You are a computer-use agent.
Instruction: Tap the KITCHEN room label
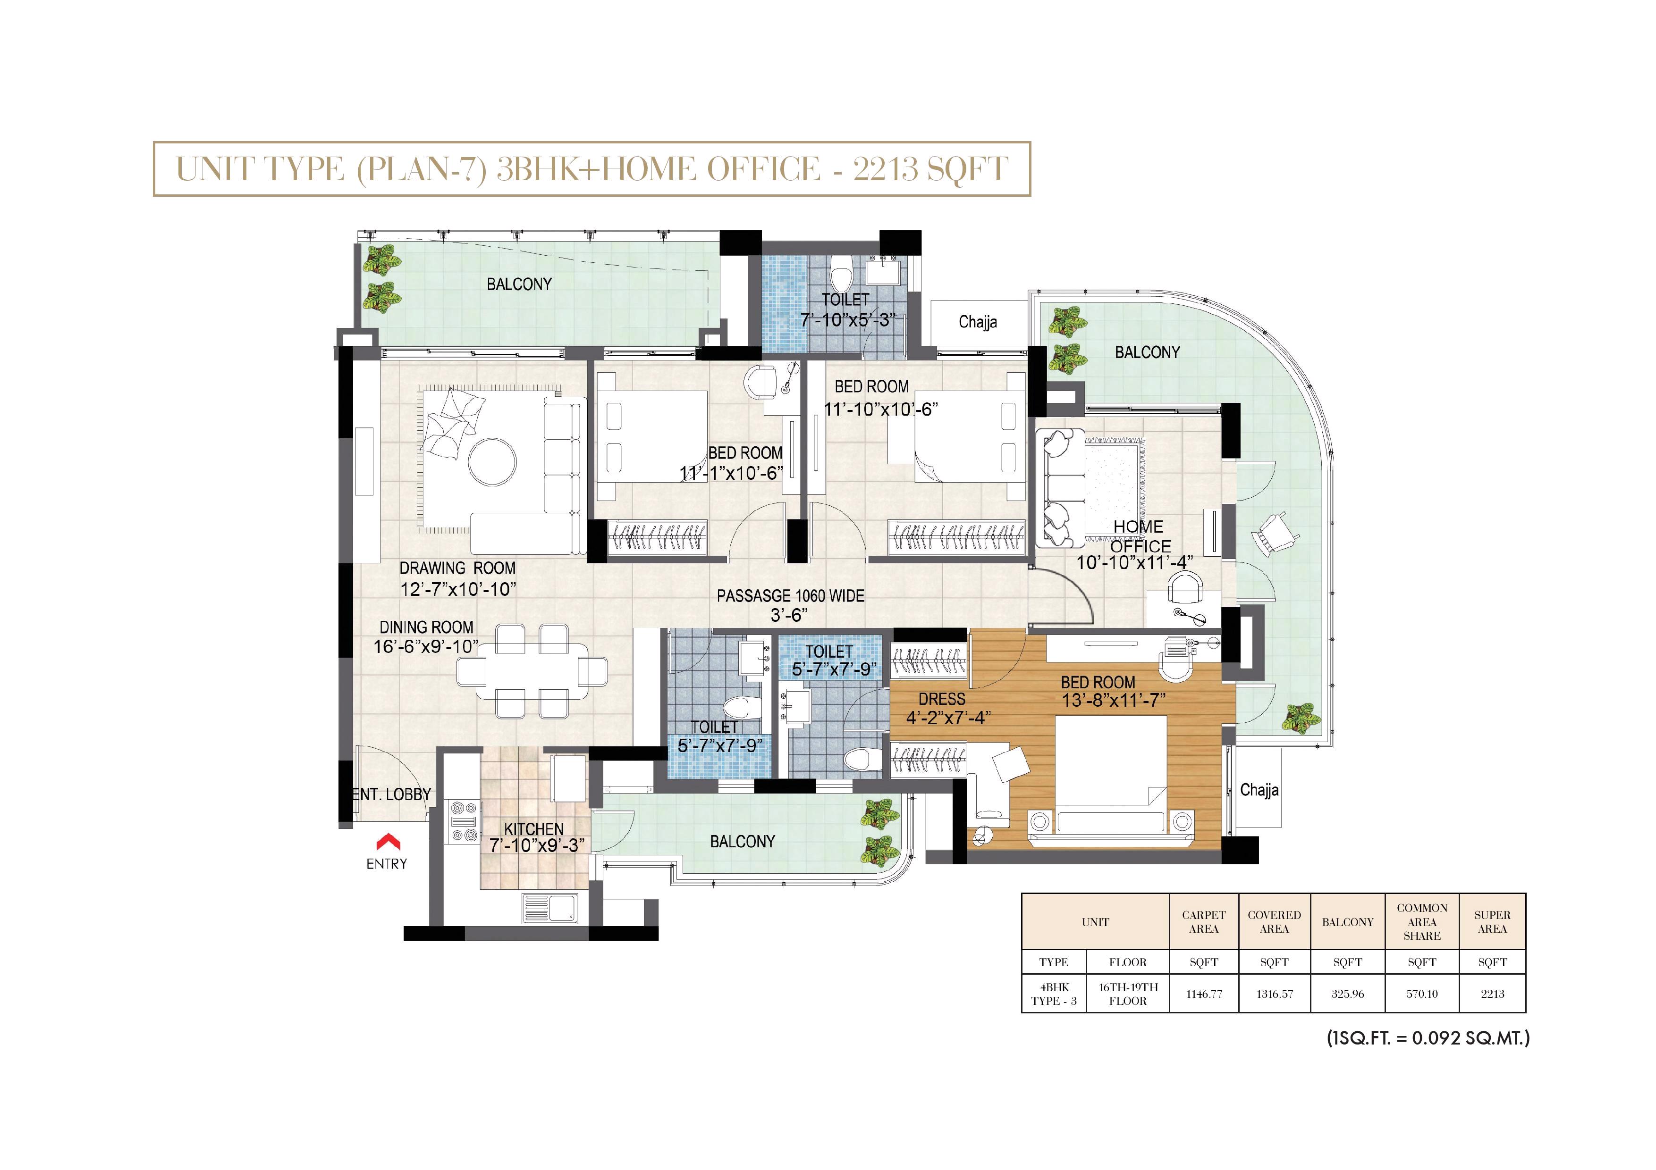click(534, 829)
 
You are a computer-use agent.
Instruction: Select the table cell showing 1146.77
click(1204, 994)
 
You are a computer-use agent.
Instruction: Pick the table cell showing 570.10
click(1421, 994)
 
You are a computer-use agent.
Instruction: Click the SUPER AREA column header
click(1492, 922)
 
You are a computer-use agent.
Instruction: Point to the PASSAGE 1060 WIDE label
click(791, 596)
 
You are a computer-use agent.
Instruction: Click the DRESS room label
click(941, 699)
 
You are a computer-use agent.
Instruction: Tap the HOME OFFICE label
click(1140, 536)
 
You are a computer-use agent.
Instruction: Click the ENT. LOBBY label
click(392, 794)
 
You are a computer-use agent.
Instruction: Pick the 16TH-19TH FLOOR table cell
click(1128, 994)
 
